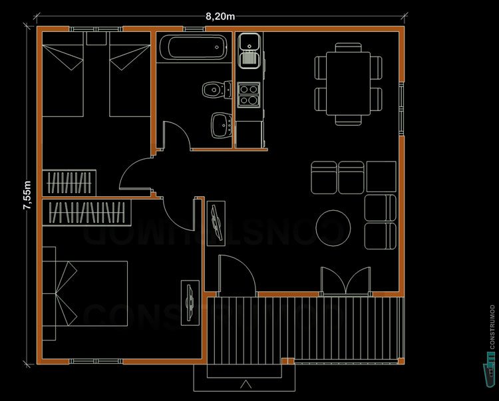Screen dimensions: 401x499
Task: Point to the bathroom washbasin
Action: (221, 124)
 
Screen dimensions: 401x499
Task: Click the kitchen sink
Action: (250, 51)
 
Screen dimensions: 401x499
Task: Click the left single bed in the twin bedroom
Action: (63, 74)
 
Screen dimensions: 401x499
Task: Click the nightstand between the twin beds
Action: (96, 39)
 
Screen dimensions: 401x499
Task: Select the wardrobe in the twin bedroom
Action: (69, 182)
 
